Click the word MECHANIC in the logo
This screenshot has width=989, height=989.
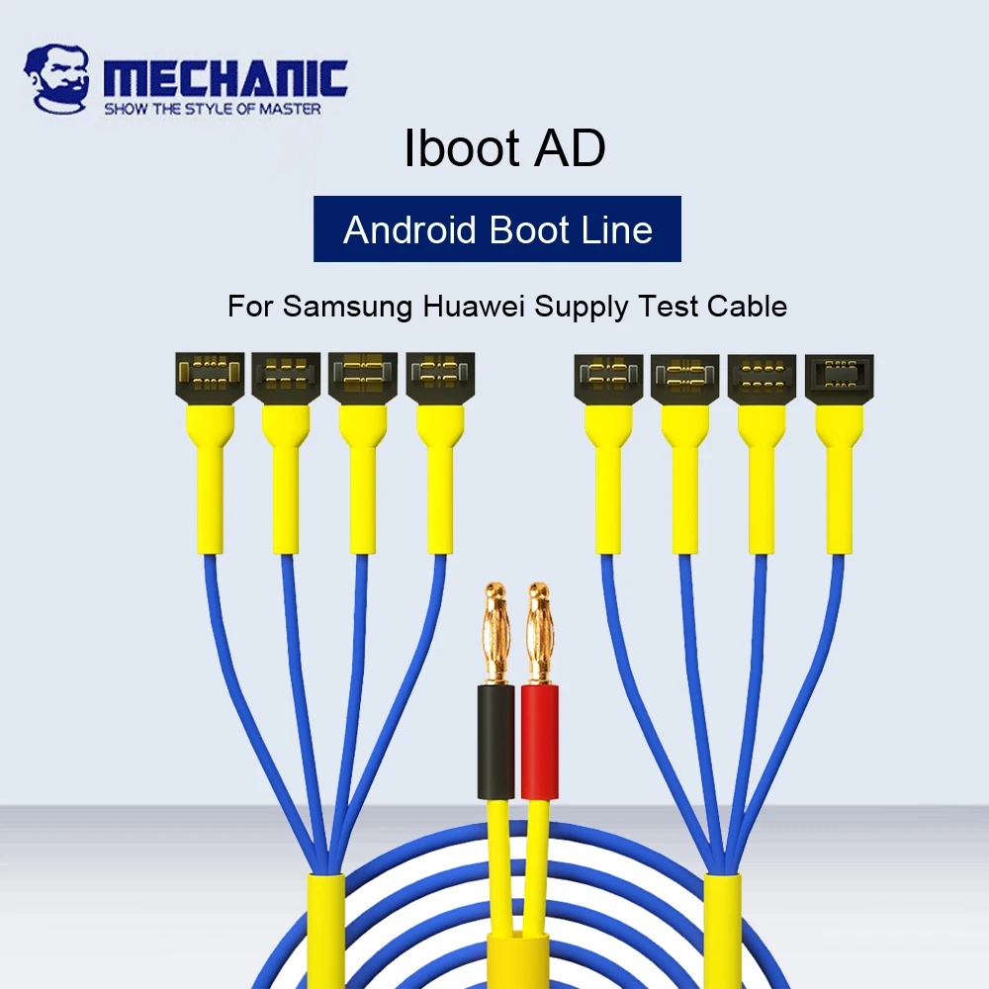225,79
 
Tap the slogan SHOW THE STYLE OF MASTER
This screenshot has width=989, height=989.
213,109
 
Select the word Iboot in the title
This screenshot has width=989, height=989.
461,148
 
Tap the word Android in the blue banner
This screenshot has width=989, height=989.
411,230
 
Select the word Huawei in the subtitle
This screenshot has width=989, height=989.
474,306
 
